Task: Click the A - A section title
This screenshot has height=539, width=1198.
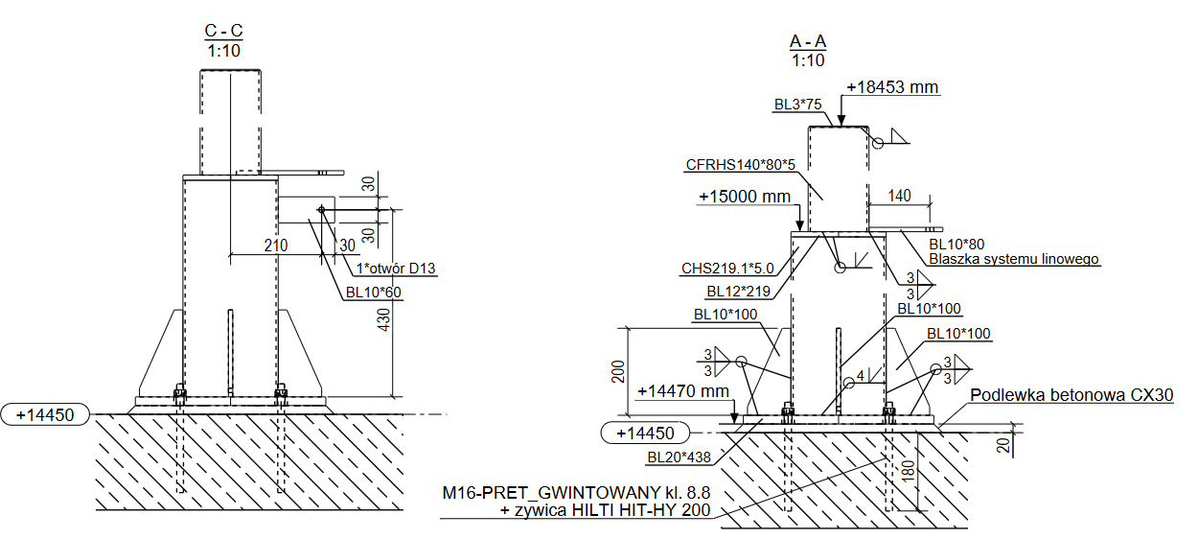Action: (808, 41)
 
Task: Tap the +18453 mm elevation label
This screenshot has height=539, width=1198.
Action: (891, 87)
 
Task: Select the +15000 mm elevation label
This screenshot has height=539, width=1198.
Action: (744, 197)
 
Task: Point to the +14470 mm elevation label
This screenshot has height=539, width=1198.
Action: (682, 391)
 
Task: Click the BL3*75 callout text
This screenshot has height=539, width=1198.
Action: (797, 105)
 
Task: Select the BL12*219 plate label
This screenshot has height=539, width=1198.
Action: (739, 291)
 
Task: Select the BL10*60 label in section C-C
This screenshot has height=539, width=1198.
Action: (375, 292)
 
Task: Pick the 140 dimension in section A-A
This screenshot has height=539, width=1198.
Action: (899, 196)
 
